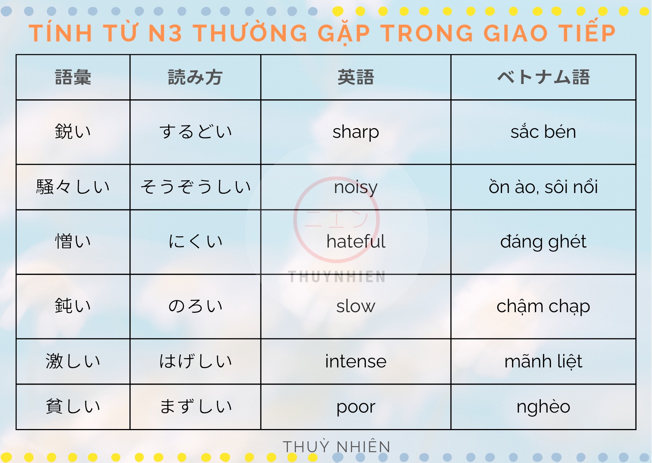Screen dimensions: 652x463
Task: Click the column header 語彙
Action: (73, 77)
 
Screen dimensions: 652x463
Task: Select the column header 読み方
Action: (195, 77)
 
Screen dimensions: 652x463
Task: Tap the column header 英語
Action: (355, 77)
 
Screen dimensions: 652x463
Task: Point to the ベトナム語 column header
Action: (543, 77)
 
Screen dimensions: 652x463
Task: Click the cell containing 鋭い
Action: (73, 131)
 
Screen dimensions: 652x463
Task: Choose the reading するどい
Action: (195, 131)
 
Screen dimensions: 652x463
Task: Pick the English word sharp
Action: (355, 132)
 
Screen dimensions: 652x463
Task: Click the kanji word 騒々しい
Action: (73, 187)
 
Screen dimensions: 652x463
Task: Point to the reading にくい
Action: (195, 241)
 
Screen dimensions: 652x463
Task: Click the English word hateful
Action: (355, 241)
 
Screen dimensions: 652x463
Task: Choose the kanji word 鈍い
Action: (73, 306)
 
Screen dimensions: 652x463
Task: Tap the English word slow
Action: (355, 306)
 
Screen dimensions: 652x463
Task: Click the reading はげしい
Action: (195, 361)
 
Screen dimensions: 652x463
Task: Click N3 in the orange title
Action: (165, 33)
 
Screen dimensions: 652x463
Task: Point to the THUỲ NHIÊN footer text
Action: (336, 446)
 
